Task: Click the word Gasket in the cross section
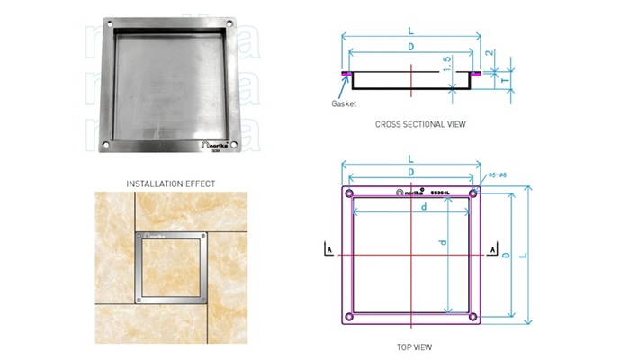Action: (345, 103)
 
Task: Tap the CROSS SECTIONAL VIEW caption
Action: (414, 124)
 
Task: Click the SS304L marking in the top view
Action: (439, 193)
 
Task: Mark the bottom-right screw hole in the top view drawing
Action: (474, 318)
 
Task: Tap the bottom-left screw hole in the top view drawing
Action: (349, 318)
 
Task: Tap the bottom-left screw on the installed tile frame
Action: (139, 298)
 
